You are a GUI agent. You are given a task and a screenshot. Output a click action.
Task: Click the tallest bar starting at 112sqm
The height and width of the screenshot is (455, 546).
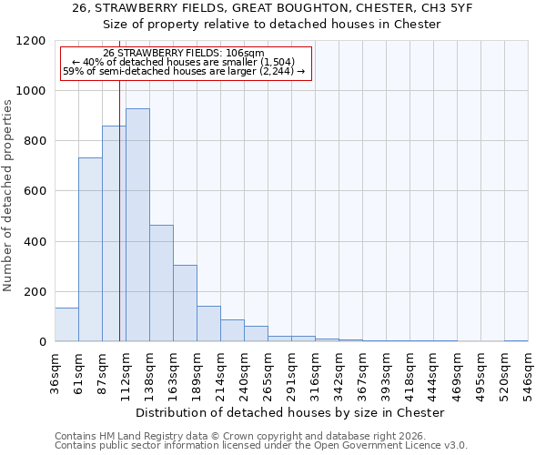[x=137, y=225]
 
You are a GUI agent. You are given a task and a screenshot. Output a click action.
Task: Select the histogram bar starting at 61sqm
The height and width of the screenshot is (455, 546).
[x=90, y=249]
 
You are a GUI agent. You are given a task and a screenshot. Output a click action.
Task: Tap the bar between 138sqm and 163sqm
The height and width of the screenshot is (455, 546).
[x=161, y=283]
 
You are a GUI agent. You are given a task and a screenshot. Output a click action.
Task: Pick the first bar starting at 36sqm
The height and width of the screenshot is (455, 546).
[x=66, y=325]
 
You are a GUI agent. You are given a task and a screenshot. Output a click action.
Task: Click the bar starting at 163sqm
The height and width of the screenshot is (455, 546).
[x=185, y=303]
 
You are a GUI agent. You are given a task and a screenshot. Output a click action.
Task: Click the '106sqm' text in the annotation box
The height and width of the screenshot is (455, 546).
[x=245, y=53]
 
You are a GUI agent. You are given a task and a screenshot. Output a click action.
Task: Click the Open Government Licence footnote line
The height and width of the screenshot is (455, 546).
[x=261, y=445]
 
